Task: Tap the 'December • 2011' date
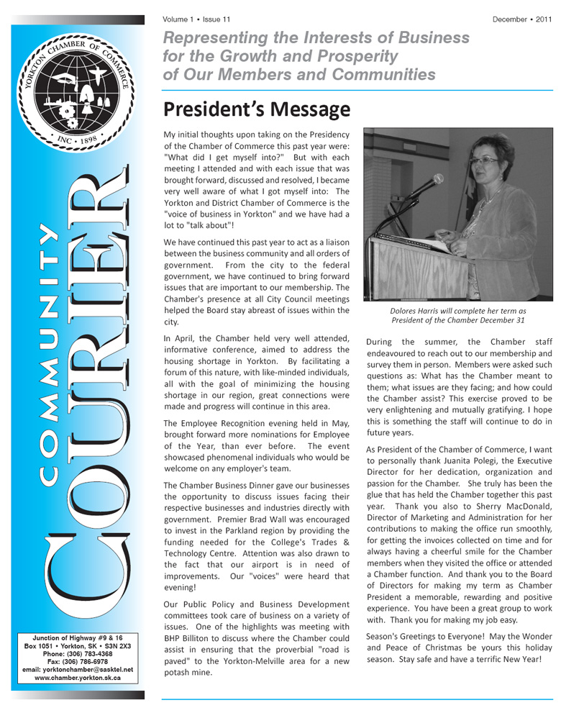click(522, 19)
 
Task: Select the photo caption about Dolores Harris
click(457, 315)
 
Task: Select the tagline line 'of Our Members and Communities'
click(299, 74)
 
